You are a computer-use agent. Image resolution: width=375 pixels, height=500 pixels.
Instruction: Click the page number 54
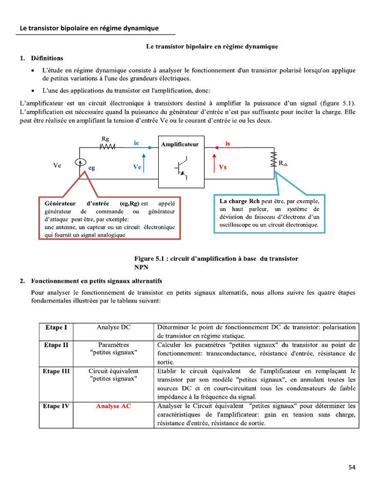click(x=352, y=467)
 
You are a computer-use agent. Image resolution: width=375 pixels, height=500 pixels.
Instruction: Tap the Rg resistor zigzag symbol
click(x=107, y=146)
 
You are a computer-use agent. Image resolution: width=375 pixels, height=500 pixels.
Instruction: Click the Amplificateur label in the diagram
click(x=180, y=144)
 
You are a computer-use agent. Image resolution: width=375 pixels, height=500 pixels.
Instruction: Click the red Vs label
click(x=223, y=167)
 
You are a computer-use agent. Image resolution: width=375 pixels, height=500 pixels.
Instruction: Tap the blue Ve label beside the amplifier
click(x=137, y=167)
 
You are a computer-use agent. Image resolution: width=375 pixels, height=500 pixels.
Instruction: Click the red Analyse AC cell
click(x=113, y=406)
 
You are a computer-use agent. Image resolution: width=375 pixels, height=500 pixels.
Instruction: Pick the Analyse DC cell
click(x=113, y=327)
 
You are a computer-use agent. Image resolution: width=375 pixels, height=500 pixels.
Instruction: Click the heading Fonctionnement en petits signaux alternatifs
click(x=97, y=281)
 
